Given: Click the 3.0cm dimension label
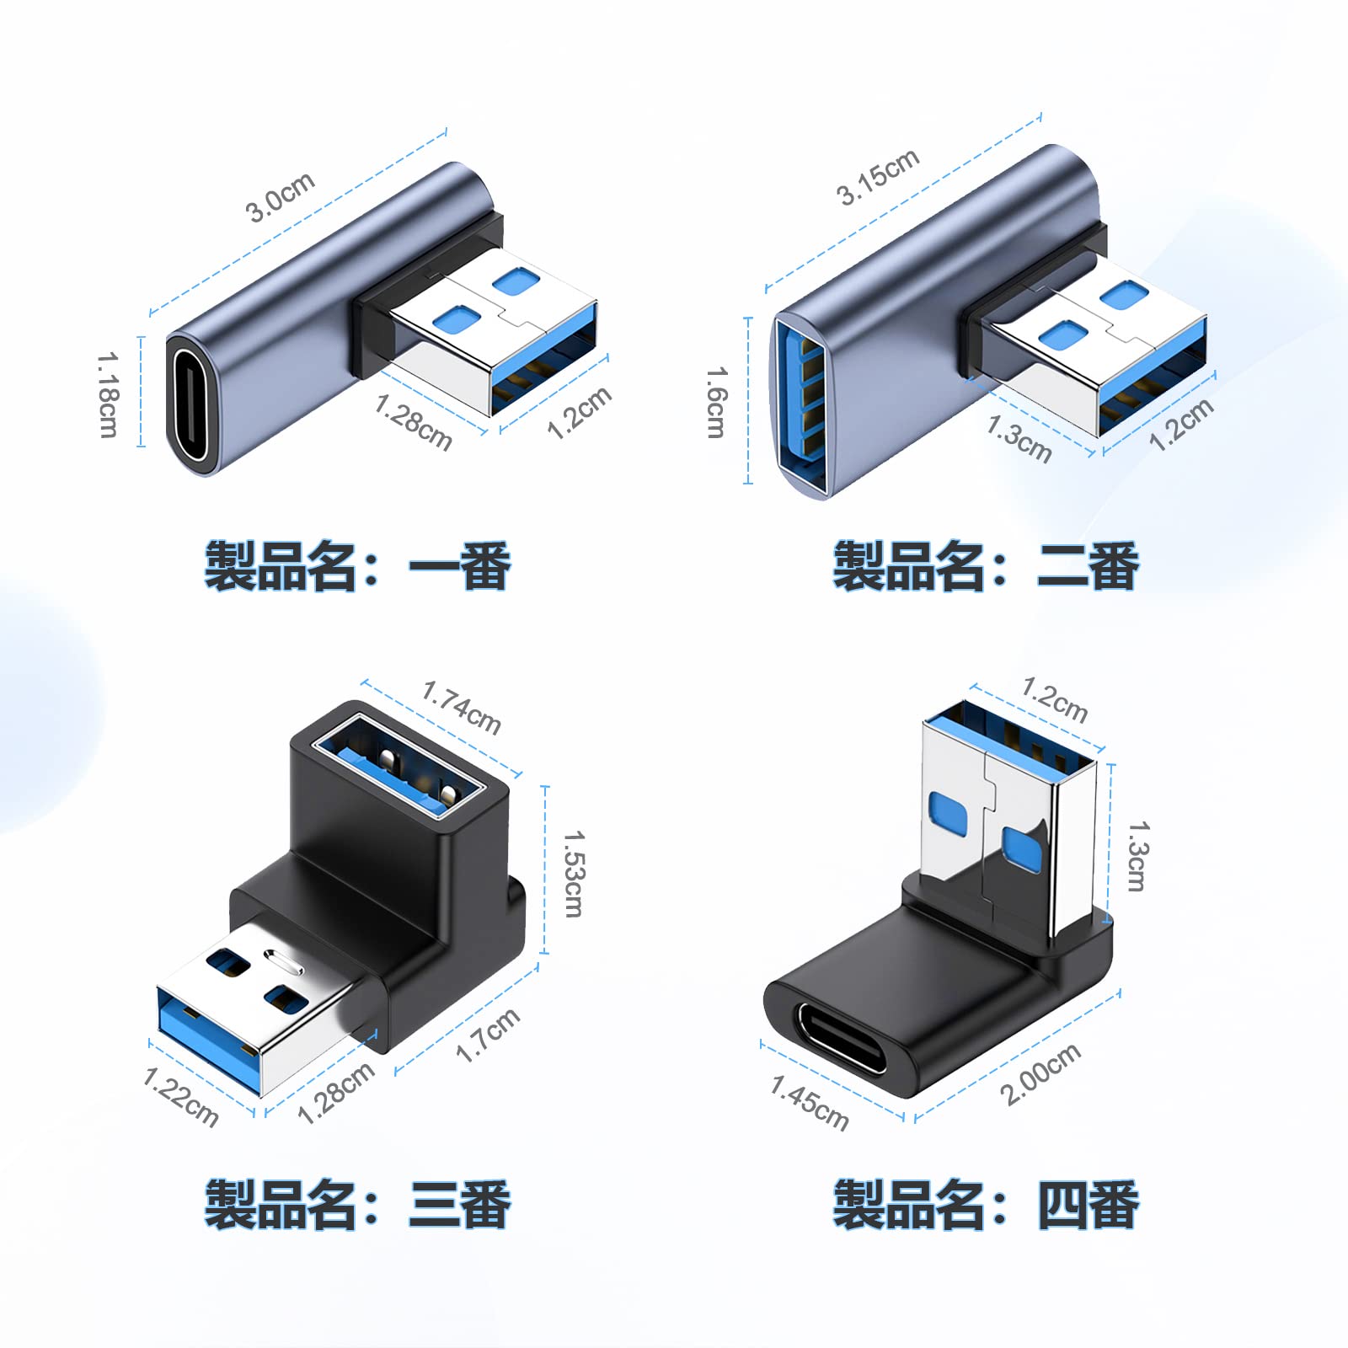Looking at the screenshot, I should click(281, 197).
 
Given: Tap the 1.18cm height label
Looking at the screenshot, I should click(108, 394).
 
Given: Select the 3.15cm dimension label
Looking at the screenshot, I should click(877, 177).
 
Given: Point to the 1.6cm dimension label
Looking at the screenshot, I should click(715, 402).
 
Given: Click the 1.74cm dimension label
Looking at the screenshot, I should click(461, 709).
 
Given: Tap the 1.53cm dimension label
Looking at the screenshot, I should click(573, 873).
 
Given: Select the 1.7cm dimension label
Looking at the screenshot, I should click(487, 1035).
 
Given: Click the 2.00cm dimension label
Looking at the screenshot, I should click(1040, 1073).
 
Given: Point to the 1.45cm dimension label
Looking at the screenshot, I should click(810, 1103).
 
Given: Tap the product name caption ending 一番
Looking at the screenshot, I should click(357, 566).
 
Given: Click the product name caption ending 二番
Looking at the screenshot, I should click(986, 566).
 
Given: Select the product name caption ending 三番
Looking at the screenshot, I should click(357, 1205).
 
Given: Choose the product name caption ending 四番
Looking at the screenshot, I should click(986, 1205).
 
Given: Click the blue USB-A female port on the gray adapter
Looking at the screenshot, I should click(800, 404).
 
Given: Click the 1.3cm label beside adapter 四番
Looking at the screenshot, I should click(1137, 856).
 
